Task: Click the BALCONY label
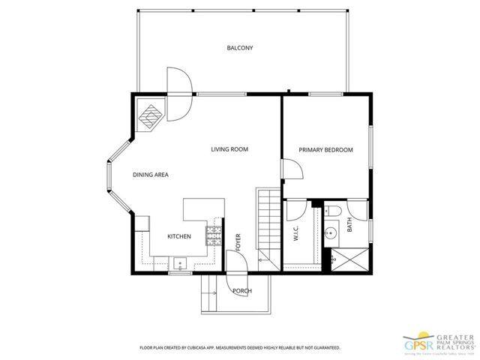240,48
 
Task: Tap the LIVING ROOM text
229,150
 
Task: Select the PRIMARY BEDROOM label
325,150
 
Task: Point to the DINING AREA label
150,175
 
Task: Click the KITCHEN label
178,236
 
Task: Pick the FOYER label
238,241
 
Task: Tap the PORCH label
241,291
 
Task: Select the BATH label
349,224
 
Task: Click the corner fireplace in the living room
151,115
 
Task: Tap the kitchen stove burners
214,235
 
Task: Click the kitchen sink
179,262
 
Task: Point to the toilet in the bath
334,210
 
